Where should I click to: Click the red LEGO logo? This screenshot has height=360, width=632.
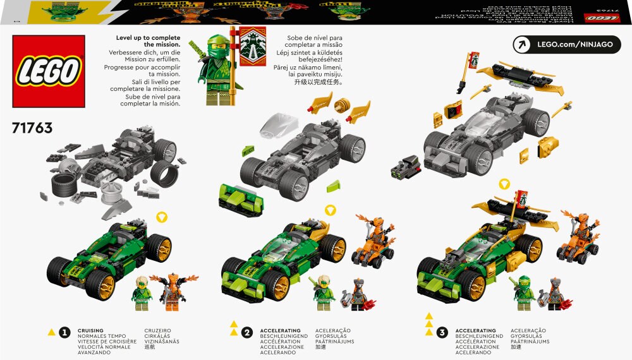tap(49, 71)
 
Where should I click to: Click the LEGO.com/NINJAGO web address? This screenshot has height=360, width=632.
tap(576, 44)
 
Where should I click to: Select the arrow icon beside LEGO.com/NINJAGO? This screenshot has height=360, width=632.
tap(523, 44)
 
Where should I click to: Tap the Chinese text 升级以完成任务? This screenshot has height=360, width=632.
tap(313, 81)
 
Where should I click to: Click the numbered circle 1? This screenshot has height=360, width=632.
tap(64, 332)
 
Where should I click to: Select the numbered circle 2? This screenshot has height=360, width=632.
tap(247, 332)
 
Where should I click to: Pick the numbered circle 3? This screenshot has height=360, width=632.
tap(442, 332)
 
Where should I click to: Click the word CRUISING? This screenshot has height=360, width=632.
tap(90, 330)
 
